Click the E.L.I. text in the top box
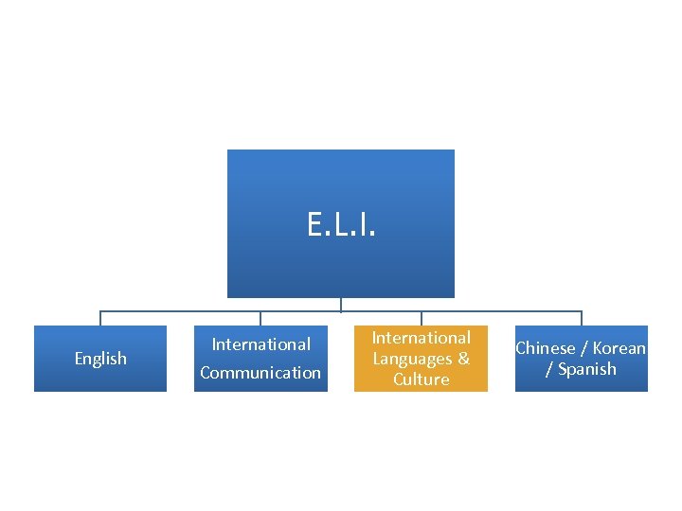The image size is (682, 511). tap(341, 225)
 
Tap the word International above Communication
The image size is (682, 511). tap(260, 344)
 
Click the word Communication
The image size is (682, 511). tap(260, 373)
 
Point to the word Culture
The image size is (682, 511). tap(422, 379)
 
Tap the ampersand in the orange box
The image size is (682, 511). tap(464, 359)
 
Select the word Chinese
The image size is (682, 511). tap(545, 348)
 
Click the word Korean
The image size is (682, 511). tap(619, 348)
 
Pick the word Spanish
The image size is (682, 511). tap(587, 369)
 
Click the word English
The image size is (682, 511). tap(100, 359)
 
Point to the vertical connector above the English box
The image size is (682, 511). tap(100, 318)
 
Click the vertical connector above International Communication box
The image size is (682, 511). tap(260, 318)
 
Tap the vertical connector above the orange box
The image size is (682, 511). tap(422, 318)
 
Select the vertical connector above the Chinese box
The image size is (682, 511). tap(582, 318)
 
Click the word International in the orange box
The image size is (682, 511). tap(422, 338)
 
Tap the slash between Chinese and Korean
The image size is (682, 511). tap(583, 348)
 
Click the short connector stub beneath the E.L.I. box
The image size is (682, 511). tap(341, 305)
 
